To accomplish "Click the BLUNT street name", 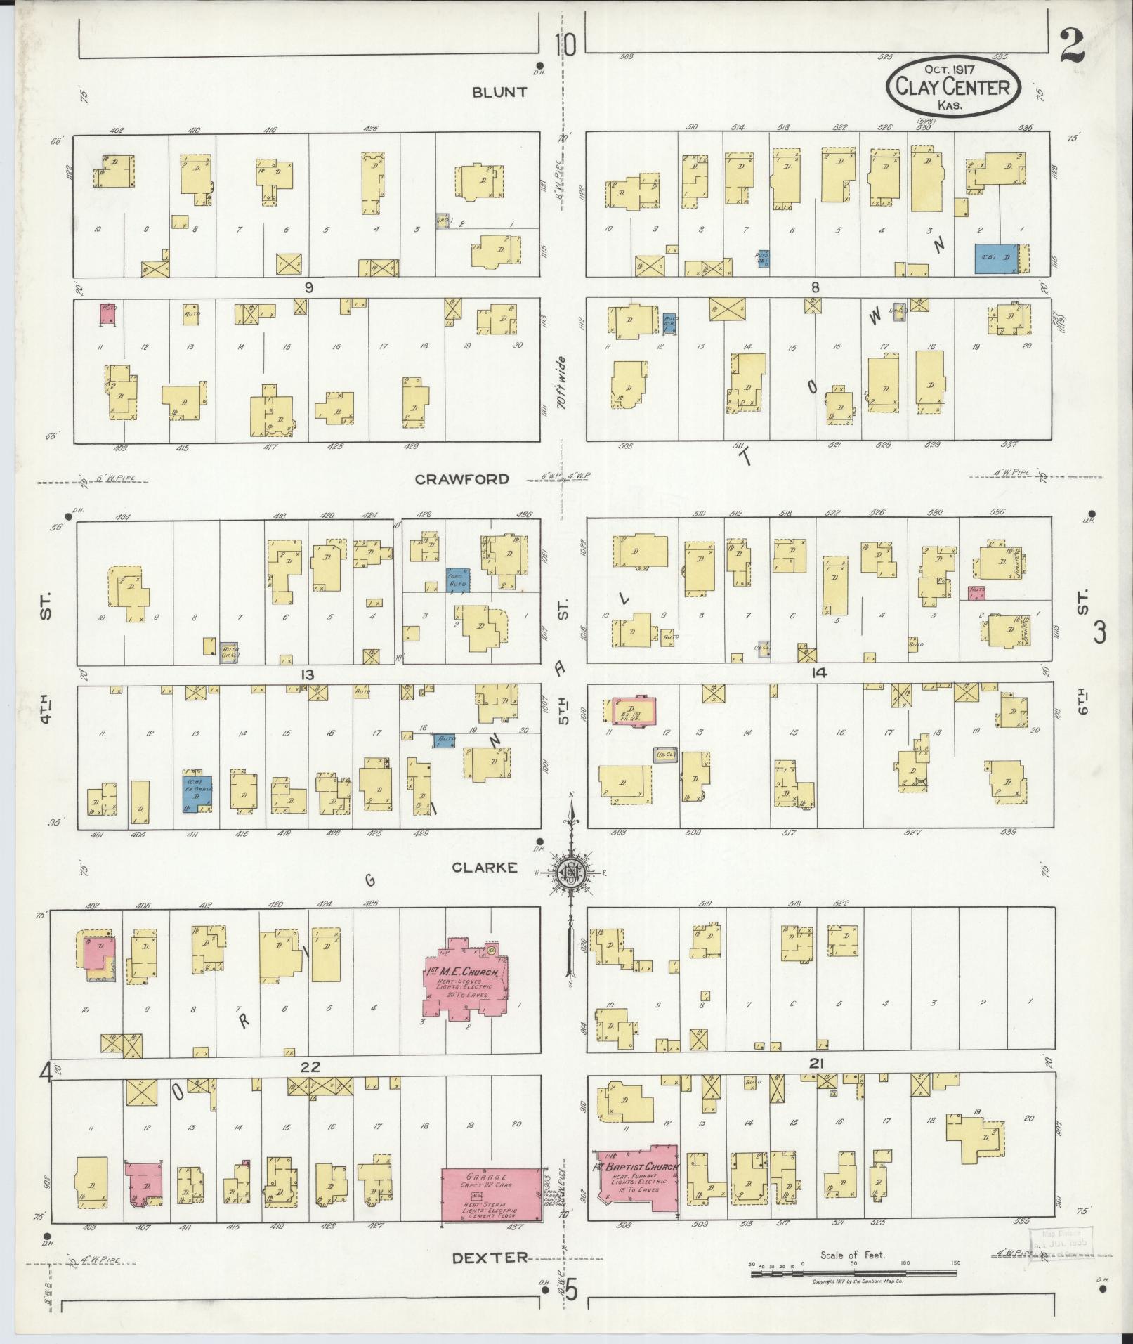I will [499, 93].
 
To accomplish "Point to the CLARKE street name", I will [485, 868].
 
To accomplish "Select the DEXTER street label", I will [489, 1257].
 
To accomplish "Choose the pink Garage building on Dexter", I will [491, 1194].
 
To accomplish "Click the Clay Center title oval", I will [952, 87].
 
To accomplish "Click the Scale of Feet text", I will [852, 1255].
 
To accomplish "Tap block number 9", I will [308, 287].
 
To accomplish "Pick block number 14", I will [818, 673].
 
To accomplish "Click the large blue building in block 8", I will [995, 258].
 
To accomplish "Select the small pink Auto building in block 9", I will [107, 313].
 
